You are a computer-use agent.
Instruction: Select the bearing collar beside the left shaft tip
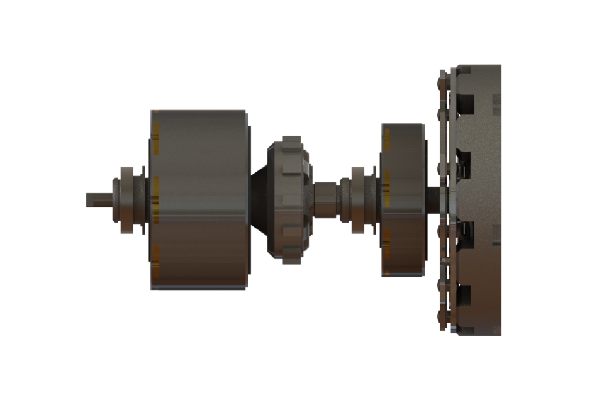tap(126, 200)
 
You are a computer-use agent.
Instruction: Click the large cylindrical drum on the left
tap(199, 200)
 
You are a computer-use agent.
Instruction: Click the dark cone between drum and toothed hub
tap(259, 200)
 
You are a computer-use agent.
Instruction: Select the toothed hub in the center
tap(289, 200)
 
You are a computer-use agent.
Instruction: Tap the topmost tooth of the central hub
tap(292, 140)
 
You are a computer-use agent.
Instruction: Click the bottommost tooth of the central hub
tap(292, 259)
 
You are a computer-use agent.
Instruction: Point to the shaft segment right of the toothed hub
tap(326, 200)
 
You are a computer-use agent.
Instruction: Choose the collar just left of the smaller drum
tap(357, 200)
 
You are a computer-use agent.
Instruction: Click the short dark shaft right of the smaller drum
tap(435, 200)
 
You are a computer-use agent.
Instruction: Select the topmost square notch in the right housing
tap(466, 101)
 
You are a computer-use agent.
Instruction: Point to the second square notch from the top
tap(466, 161)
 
